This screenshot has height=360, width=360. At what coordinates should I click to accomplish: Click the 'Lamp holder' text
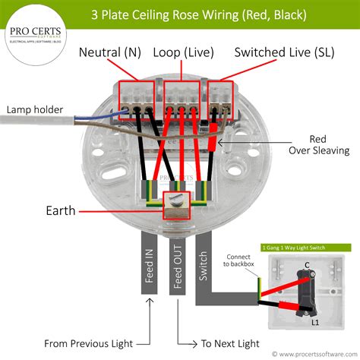click(35, 109)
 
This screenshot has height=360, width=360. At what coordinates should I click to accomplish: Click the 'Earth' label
click(62, 210)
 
